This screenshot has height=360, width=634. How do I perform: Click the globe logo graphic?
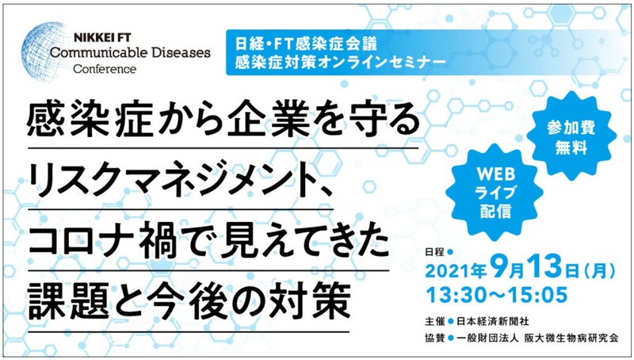[43, 52]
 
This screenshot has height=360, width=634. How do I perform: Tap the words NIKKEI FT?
[102, 38]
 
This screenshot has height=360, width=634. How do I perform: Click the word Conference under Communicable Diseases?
[105, 69]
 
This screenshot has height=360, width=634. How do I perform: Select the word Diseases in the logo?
[178, 53]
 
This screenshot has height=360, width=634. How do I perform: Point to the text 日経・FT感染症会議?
[306, 44]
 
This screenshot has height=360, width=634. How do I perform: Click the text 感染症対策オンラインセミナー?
[341, 63]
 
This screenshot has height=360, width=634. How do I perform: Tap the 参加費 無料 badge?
[571, 137]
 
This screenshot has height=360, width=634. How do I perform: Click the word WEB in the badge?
[496, 174]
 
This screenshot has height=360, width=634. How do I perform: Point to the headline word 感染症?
[90, 121]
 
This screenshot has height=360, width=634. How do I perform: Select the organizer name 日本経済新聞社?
[492, 322]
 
